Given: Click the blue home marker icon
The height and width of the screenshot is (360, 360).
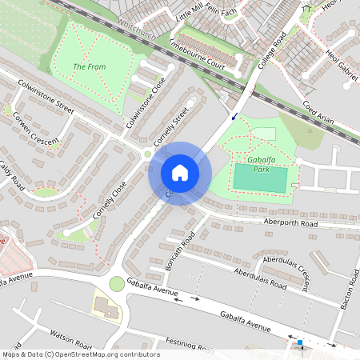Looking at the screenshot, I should tap(180, 173).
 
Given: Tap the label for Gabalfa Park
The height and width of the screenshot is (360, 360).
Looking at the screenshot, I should tap(266, 164).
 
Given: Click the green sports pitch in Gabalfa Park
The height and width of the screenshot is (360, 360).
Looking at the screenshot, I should tap(260, 179).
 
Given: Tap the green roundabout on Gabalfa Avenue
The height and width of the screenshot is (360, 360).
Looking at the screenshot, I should tap(118, 283).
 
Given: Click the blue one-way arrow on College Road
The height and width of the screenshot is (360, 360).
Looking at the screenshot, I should tap(234, 117).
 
